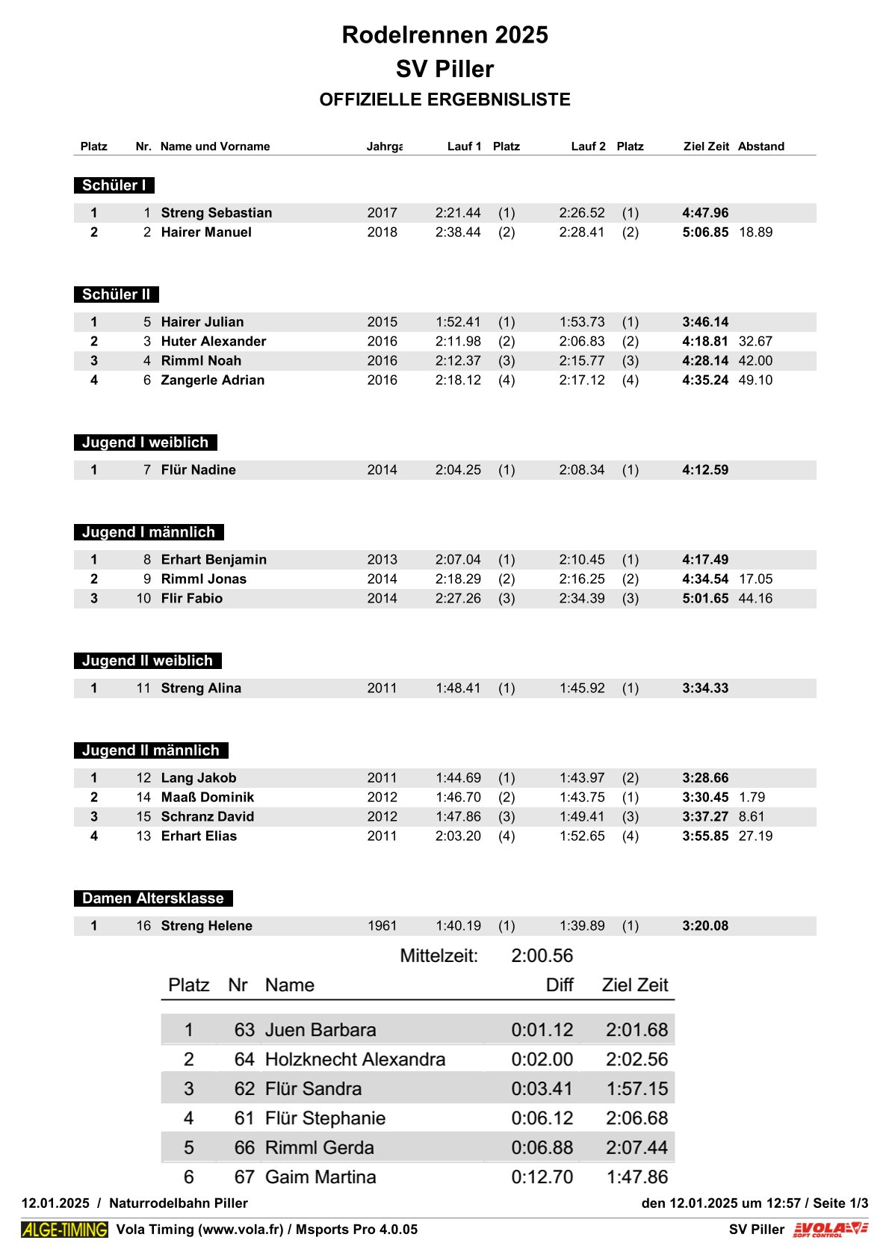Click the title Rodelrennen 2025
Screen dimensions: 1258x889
pyautogui.click(x=444, y=35)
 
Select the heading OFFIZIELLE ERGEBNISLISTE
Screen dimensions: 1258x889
pyautogui.click(x=444, y=99)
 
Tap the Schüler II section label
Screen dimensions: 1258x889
pyautogui.click(x=116, y=295)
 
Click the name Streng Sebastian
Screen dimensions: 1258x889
pyautogui.click(x=217, y=213)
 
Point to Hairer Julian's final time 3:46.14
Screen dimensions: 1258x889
pyautogui.click(x=704, y=322)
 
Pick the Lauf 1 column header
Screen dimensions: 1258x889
pyautogui.click(x=464, y=147)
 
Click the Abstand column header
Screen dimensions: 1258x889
pyautogui.click(x=761, y=147)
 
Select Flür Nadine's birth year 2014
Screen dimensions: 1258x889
pyautogui.click(x=382, y=470)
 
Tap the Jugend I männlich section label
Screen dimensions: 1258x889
pyautogui.click(x=149, y=532)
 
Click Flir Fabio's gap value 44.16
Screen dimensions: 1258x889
pyautogui.click(x=755, y=599)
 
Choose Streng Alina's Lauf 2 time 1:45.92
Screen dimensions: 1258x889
pyautogui.click(x=582, y=688)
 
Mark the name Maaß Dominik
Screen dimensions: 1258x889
pyautogui.click(x=208, y=798)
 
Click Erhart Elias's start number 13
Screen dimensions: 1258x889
pyautogui.click(x=143, y=836)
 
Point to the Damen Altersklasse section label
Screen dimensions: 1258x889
pyautogui.click(x=153, y=898)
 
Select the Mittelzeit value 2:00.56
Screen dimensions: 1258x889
pyautogui.click(x=542, y=956)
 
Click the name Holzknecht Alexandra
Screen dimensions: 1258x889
pyautogui.click(x=355, y=1059)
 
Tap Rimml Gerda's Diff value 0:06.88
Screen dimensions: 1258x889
pyautogui.click(x=542, y=1147)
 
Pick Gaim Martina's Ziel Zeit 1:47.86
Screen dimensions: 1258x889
pyautogui.click(x=636, y=1177)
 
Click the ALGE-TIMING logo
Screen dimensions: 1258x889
pyautogui.click(x=64, y=1230)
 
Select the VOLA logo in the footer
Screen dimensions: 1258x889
pyautogui.click(x=830, y=1230)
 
